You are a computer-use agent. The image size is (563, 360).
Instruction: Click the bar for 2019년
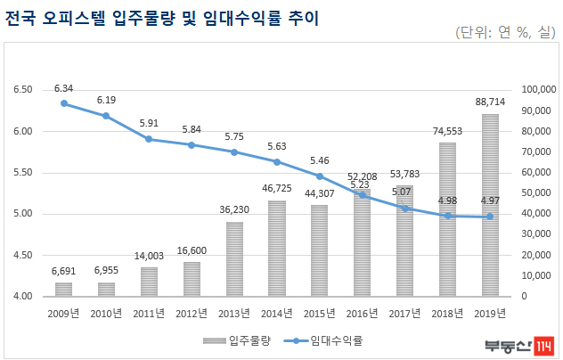click(490, 205)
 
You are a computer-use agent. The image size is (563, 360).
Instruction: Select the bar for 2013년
click(234, 259)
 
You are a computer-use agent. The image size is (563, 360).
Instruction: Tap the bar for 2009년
click(63, 290)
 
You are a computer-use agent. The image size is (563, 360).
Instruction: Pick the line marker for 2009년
click(64, 103)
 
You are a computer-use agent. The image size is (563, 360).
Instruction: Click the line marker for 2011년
click(149, 139)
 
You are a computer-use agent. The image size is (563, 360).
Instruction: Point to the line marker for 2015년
click(320, 176)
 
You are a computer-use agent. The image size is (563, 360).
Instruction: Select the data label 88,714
click(490, 102)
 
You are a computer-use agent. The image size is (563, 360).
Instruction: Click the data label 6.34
click(63, 88)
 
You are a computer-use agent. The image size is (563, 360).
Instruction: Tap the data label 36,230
click(234, 209)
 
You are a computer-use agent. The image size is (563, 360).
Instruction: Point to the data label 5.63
click(277, 147)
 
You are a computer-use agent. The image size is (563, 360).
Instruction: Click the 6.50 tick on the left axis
click(23, 89)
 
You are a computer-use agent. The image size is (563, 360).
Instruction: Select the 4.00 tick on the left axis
click(23, 296)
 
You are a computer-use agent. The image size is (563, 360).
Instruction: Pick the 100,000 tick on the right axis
click(539, 89)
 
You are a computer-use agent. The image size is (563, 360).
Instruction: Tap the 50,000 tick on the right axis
click(536, 193)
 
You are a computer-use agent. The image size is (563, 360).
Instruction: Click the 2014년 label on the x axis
click(277, 314)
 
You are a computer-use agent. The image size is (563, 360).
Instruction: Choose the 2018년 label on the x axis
click(447, 314)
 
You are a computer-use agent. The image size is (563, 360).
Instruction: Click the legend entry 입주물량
click(237, 340)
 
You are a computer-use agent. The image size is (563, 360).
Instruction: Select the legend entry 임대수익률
click(323, 340)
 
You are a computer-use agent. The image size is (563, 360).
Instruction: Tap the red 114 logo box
click(543, 347)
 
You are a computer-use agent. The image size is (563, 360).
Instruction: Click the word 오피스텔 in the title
click(74, 18)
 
